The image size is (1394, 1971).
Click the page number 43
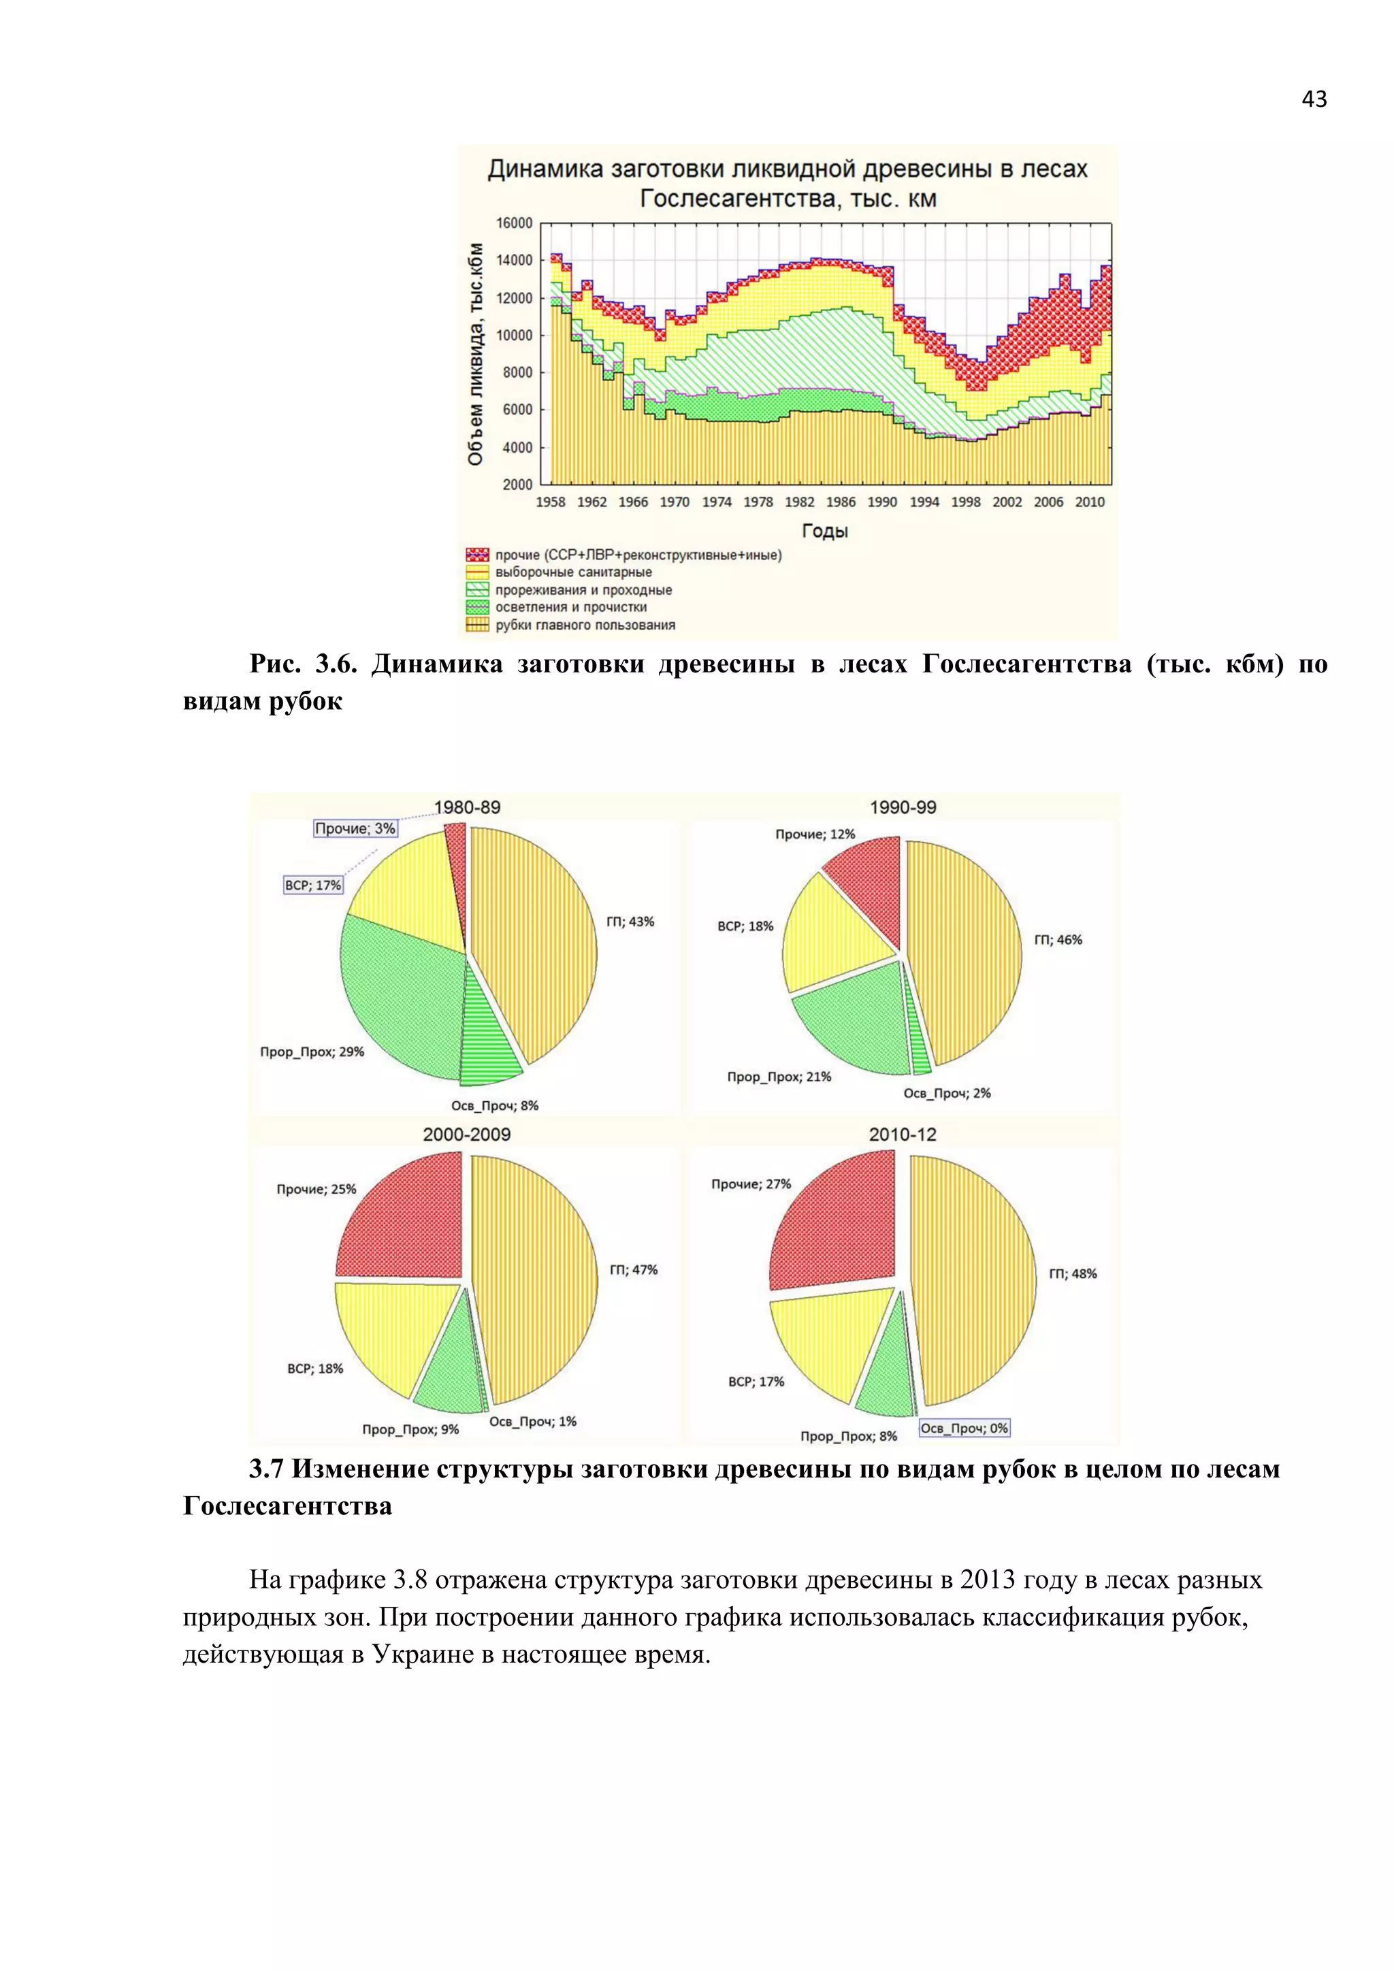[x=1313, y=99]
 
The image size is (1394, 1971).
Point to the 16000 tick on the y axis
[x=514, y=223]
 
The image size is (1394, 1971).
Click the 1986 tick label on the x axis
[x=841, y=502]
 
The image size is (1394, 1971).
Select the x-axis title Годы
[x=824, y=532]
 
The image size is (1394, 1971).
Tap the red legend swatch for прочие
[x=477, y=555]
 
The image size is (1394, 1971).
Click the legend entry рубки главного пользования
[x=585, y=625]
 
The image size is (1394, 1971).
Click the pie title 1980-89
[x=467, y=808]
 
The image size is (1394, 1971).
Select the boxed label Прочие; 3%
[x=355, y=828]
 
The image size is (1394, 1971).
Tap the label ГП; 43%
[x=630, y=922]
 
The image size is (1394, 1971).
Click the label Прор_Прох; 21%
[x=779, y=1077]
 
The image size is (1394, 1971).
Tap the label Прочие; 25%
[x=316, y=1189]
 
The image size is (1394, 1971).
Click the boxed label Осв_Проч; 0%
[x=964, y=1429]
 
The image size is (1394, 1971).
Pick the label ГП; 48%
[x=1072, y=1274]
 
